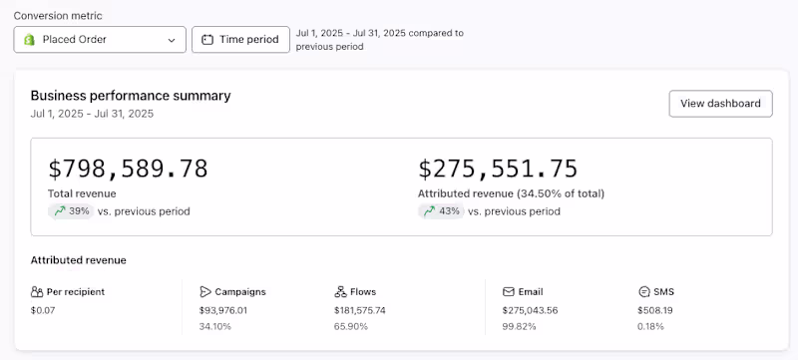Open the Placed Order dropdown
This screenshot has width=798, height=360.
tap(100, 40)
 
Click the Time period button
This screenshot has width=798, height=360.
tap(240, 40)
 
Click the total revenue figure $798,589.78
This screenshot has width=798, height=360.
tap(128, 169)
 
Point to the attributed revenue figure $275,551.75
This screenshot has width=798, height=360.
tap(498, 169)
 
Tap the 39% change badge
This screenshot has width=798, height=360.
tap(71, 211)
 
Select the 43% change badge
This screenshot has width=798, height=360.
tap(441, 211)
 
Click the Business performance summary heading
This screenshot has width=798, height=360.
tap(131, 96)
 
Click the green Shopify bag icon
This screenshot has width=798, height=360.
tap(30, 40)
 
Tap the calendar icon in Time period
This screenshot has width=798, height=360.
tap(207, 40)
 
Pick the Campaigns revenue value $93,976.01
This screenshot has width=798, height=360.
tap(223, 310)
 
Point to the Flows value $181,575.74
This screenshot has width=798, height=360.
tap(360, 310)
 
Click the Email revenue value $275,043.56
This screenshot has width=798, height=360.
tap(530, 310)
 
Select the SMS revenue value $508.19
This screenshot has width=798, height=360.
tap(655, 310)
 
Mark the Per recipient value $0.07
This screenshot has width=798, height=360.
tap(43, 310)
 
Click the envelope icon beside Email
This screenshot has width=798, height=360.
tap(509, 292)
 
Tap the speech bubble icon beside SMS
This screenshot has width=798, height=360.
tap(643, 292)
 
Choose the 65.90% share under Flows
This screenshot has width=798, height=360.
tap(351, 326)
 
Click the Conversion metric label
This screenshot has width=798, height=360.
tap(58, 16)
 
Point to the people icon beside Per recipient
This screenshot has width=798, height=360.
tap(37, 292)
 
